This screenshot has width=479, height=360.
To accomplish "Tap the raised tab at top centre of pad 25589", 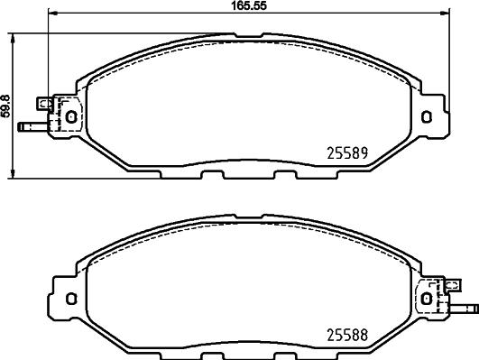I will click(247, 38).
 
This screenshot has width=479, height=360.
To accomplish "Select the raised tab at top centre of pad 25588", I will click(247, 217).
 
